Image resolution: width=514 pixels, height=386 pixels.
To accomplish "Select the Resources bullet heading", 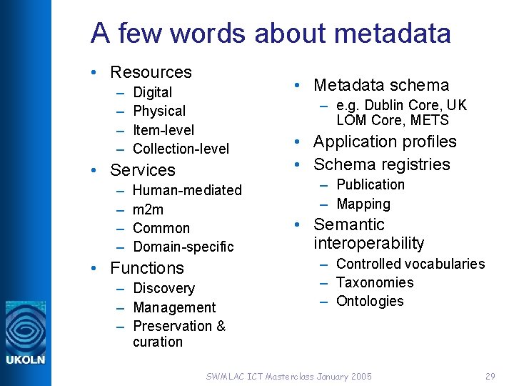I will click(151, 72).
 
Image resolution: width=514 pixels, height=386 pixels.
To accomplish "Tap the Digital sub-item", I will click(153, 92).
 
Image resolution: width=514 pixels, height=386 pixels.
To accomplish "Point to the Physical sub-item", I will click(159, 111).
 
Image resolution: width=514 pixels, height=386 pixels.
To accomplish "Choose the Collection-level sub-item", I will click(181, 149).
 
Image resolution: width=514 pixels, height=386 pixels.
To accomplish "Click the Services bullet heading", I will click(143, 170).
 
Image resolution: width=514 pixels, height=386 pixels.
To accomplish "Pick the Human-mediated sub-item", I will click(188, 190).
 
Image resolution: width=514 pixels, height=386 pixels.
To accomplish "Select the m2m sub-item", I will click(148, 209).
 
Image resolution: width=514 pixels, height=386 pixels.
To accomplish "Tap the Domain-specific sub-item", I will click(183, 247).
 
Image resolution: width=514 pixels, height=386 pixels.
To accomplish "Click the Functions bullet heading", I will click(147, 268).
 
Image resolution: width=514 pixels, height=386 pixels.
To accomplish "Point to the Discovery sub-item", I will click(164, 288).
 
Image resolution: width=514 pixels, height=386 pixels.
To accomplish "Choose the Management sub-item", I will click(175, 307).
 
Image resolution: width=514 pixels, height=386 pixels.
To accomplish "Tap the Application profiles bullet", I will click(385, 142).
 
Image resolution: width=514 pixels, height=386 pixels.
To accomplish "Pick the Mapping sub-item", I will click(363, 204).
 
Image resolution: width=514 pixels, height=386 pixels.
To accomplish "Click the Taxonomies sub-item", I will click(375, 282).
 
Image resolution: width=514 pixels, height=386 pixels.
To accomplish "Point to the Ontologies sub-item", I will click(370, 301).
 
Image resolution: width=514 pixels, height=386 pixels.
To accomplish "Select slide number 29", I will click(490, 376).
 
